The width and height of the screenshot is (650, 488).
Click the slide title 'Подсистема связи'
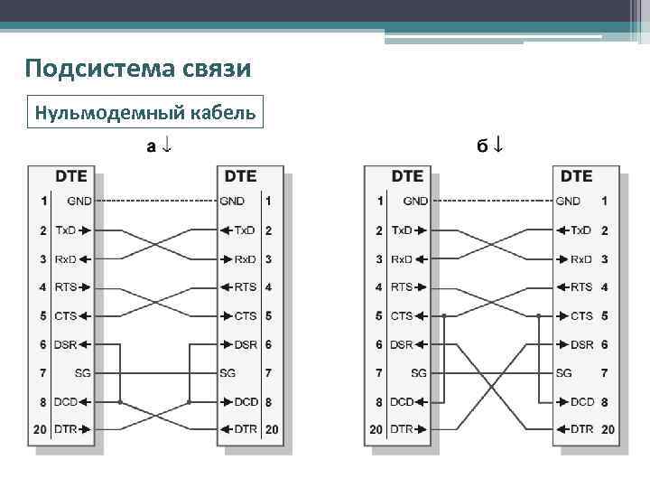[137, 69]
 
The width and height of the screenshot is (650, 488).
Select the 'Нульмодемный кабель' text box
[144, 113]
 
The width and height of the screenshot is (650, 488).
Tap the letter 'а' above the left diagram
[153, 145]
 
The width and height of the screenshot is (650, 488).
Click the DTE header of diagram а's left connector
[72, 176]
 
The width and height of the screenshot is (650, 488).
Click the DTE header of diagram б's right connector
[576, 176]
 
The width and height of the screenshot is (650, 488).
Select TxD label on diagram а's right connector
[244, 230]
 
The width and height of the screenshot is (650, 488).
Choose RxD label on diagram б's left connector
[402, 259]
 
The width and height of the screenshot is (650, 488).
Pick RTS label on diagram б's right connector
[581, 287]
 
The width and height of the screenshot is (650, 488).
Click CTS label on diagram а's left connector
[65, 316]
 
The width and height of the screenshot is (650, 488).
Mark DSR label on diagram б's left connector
[401, 345]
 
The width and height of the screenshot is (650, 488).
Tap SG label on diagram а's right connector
[227, 373]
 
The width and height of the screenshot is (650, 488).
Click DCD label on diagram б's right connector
[582, 401]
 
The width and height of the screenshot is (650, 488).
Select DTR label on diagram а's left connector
[65, 429]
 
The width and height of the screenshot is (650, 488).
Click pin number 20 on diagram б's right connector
[608, 429]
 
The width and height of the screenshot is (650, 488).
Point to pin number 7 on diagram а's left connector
[42, 373]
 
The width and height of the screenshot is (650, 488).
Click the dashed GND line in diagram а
[159, 201]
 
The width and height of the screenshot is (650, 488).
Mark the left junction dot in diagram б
[444, 316]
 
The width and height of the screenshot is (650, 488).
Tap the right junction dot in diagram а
[189, 401]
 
